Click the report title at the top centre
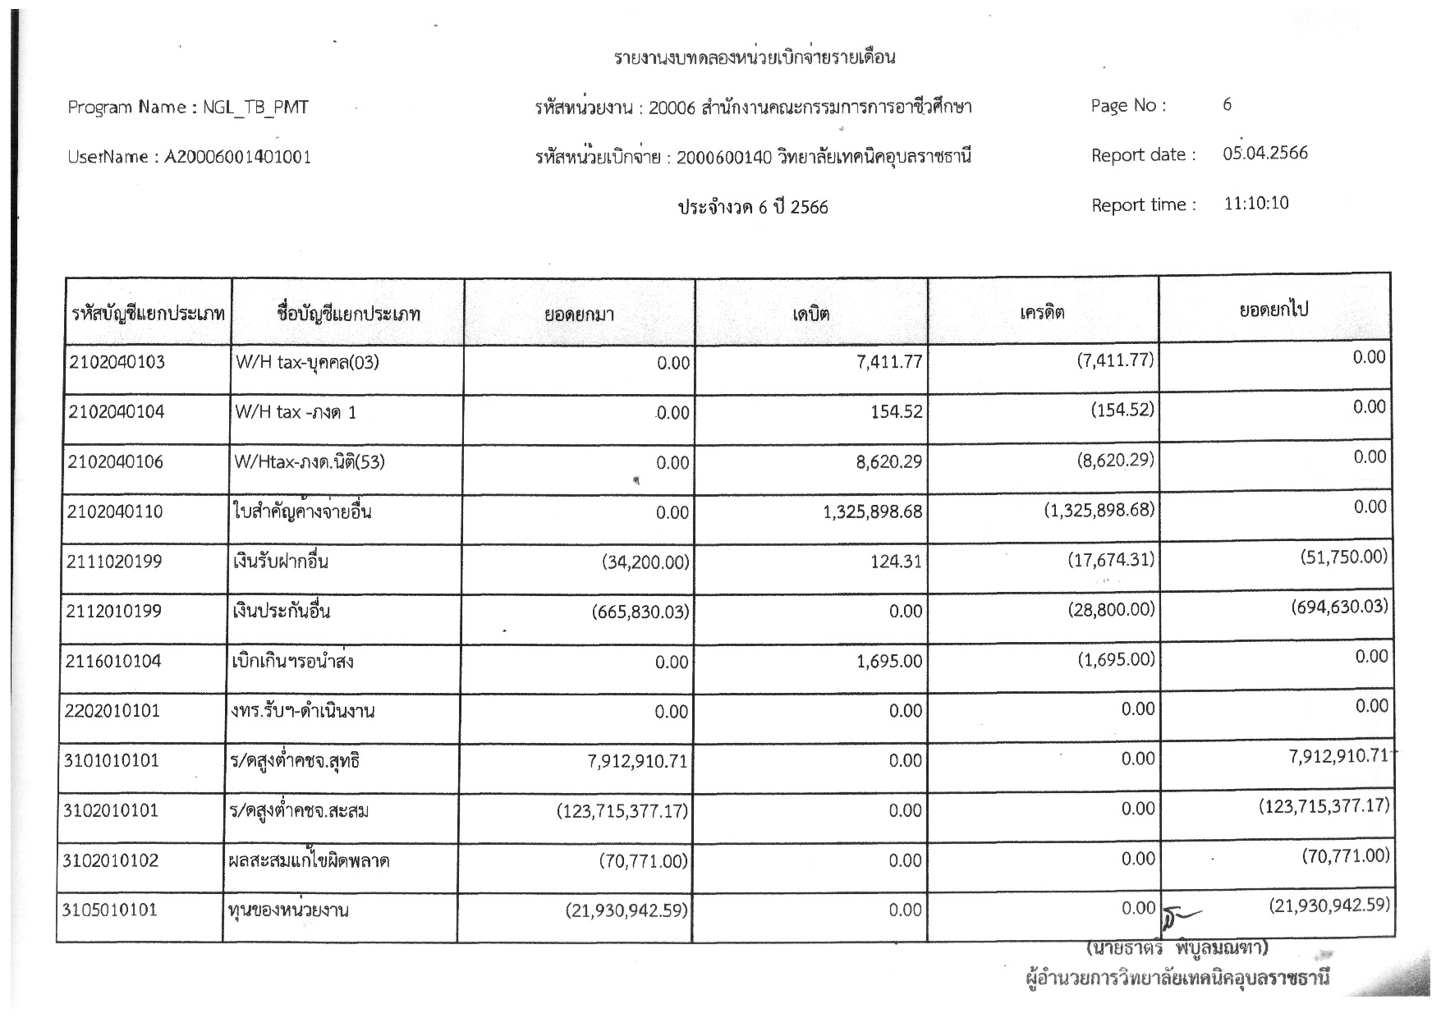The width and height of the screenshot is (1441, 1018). point(754,57)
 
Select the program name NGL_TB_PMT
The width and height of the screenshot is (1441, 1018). point(255,108)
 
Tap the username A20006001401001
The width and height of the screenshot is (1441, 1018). point(238,157)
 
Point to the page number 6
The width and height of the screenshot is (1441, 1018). point(1227,105)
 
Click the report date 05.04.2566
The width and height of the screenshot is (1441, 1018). point(1264,154)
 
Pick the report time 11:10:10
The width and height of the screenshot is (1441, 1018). point(1256,204)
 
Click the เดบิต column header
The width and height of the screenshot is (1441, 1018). point(810,314)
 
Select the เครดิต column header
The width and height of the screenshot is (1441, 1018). point(1042,312)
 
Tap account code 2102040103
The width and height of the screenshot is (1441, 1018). point(117,362)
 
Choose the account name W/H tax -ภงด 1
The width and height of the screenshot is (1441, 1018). point(296,412)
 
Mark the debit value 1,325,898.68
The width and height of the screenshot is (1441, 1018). point(872,512)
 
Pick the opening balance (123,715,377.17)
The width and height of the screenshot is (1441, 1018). point(622,812)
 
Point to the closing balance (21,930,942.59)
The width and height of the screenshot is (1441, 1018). point(1329,906)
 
